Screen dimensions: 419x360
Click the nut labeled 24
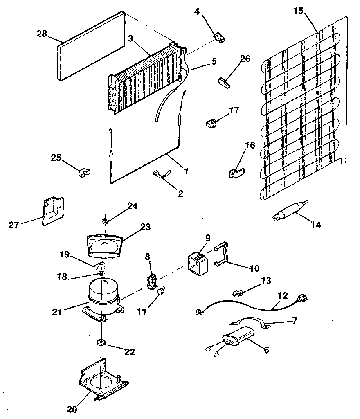tap(105, 221)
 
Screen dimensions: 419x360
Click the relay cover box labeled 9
tap(198, 262)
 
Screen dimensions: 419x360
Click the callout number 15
tap(298, 11)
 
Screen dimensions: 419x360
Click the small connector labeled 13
tap(239, 293)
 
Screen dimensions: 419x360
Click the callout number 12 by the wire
tap(283, 295)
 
